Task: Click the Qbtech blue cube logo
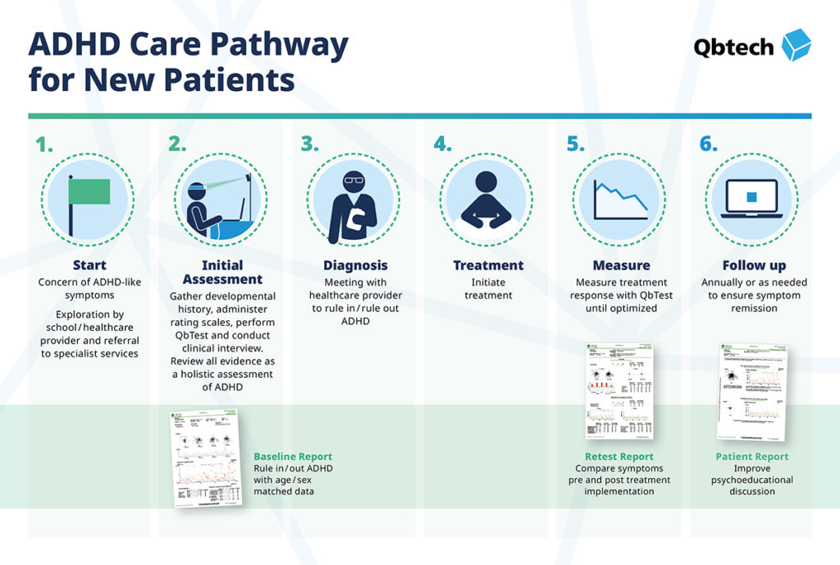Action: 795,45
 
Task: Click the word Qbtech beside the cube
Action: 733,47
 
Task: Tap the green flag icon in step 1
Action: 88,192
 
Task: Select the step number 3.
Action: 309,145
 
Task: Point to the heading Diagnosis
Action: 354,265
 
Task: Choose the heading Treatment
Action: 488,265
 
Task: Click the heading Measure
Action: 621,265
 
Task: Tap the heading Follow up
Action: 754,265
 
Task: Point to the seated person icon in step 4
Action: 486,200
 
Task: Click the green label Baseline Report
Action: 293,457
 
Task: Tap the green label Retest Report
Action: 619,457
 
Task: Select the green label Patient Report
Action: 752,457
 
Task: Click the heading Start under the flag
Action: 89,265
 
